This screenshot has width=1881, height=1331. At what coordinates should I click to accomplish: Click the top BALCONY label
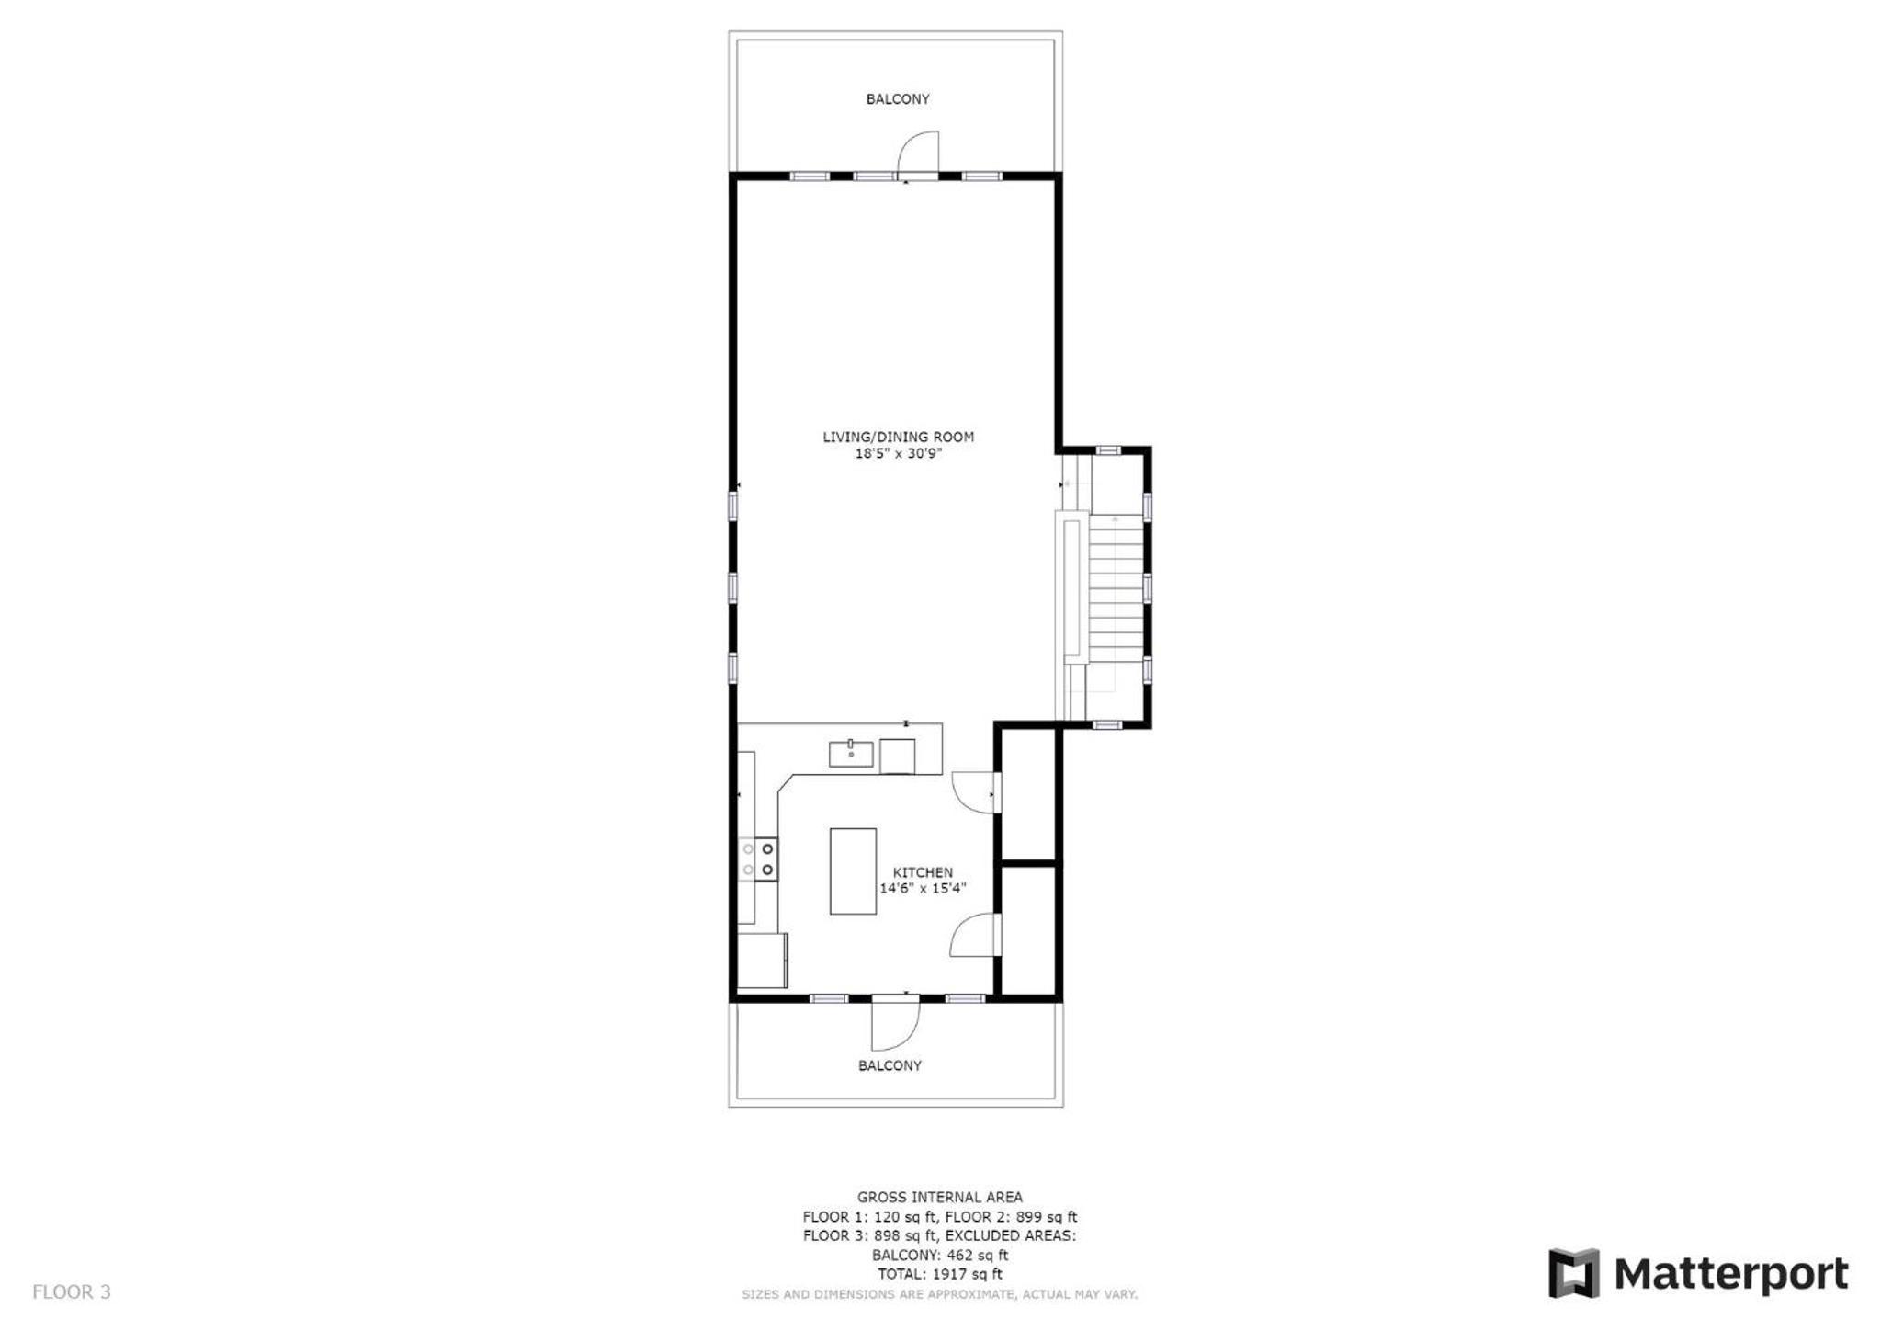(x=898, y=99)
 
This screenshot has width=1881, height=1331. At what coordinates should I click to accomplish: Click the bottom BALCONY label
(x=890, y=1065)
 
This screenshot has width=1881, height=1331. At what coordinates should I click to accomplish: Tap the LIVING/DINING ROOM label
(x=898, y=437)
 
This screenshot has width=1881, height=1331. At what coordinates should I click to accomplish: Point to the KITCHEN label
(x=923, y=872)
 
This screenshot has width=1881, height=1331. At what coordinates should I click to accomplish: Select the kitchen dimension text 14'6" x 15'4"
(x=923, y=888)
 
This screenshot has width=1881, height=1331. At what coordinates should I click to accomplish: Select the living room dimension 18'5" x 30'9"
(x=899, y=453)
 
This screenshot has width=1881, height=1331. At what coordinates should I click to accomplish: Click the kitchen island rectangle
(x=853, y=871)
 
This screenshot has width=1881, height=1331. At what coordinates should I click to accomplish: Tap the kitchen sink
(x=851, y=754)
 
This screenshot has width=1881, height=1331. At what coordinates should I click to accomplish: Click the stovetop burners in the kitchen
(x=758, y=859)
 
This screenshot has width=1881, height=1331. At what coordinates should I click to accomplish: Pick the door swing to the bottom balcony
(x=895, y=1024)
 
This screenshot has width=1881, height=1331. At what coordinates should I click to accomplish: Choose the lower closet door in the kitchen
(x=974, y=935)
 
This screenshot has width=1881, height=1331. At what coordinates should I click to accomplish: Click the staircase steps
(x=1116, y=588)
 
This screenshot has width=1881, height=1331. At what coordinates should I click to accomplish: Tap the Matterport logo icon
(x=1573, y=1273)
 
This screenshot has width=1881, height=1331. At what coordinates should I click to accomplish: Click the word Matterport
(x=1731, y=1275)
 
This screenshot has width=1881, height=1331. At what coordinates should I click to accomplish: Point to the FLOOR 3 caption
(x=72, y=1292)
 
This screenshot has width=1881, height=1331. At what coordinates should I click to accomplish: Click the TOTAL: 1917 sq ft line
(x=939, y=1274)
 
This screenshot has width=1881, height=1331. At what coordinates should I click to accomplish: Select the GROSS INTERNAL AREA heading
(x=940, y=1197)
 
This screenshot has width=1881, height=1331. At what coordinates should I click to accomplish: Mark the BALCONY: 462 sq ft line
(x=940, y=1255)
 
